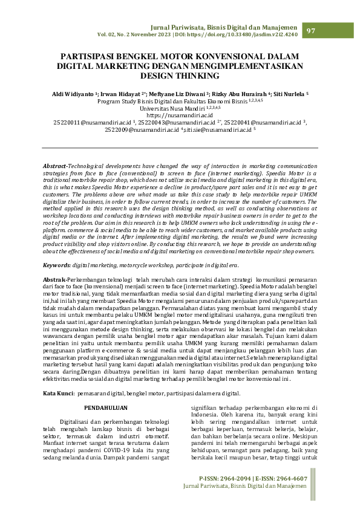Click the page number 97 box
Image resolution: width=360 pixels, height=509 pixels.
pyautogui.click(x=312, y=31)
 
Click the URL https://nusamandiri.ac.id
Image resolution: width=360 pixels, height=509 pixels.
pyautogui.click(x=180, y=114)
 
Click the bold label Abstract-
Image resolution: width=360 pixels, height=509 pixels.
pyautogui.click(x=56, y=149)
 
